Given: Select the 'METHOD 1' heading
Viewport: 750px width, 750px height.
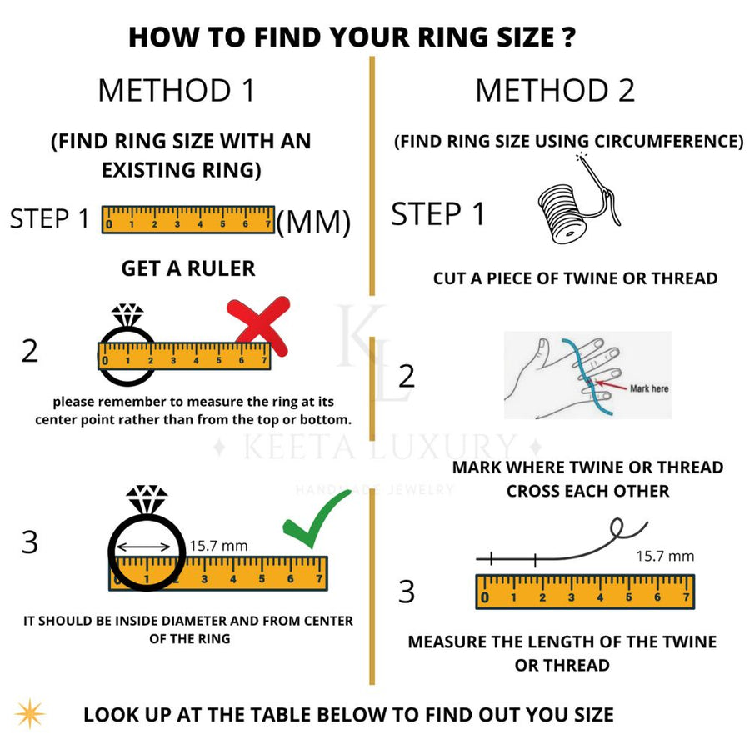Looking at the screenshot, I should (x=176, y=90).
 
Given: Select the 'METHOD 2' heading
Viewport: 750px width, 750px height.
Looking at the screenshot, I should (x=555, y=90).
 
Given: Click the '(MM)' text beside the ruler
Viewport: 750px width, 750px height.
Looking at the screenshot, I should (x=312, y=222).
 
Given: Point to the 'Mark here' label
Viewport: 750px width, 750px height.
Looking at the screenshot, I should (x=648, y=388).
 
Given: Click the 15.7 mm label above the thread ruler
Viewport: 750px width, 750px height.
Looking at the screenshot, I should (x=665, y=556).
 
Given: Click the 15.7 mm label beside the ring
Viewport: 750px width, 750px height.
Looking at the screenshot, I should (x=218, y=546).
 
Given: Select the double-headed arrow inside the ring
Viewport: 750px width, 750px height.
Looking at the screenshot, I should (x=147, y=547).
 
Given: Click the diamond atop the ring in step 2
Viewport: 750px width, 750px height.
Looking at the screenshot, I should (x=127, y=314).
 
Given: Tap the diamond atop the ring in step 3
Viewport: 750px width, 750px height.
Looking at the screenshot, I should (x=147, y=498).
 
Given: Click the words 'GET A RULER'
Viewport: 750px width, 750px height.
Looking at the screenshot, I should (x=188, y=268).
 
